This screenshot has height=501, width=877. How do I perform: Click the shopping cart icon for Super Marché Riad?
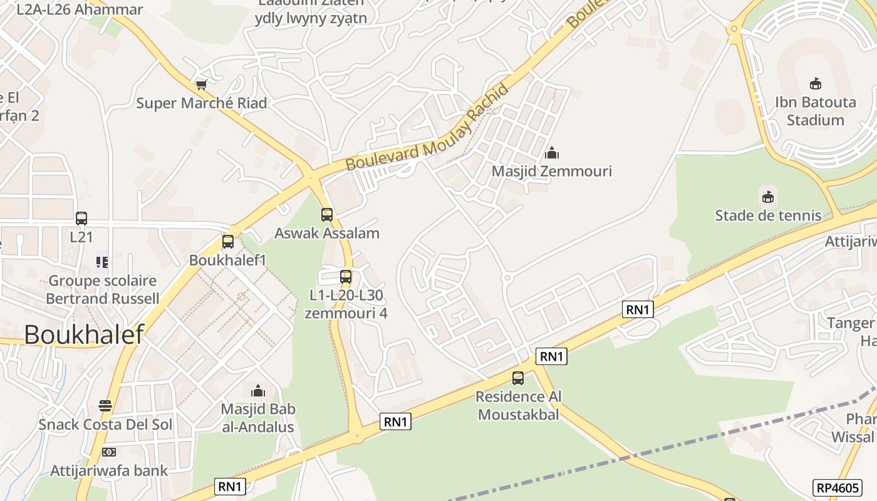201,85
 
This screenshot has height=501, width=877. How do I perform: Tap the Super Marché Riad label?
202,103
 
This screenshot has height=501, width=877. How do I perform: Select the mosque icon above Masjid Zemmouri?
552,153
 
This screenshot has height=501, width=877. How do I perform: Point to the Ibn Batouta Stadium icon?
816,83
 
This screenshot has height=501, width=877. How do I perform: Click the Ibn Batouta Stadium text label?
816,111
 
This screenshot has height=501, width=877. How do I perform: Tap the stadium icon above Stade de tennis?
768,197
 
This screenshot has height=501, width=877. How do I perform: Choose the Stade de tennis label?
768,215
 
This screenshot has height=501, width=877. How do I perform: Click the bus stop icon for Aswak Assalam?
326,215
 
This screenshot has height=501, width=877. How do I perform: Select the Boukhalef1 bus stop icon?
228,242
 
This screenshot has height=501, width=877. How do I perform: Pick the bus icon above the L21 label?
81,219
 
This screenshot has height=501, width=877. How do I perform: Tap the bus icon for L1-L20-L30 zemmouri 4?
346,276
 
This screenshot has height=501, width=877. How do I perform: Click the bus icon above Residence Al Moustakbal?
518,378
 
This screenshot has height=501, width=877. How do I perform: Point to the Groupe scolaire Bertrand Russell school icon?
101,262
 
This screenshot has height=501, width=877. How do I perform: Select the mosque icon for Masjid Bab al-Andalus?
257,391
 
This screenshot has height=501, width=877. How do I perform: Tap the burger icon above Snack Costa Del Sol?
105,406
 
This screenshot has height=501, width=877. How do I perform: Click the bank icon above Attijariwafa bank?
109,452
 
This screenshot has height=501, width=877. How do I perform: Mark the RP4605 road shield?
838,487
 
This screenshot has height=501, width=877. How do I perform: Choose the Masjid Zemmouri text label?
552,171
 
